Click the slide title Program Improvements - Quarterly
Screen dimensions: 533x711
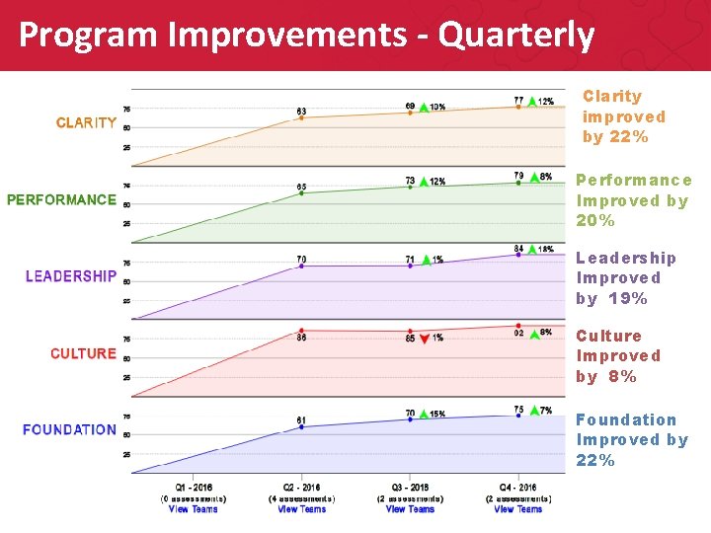[x=306, y=36]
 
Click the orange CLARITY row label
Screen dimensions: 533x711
[x=86, y=123]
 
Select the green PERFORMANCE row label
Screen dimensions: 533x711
[x=61, y=199]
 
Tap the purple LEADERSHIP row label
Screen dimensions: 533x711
[x=71, y=276]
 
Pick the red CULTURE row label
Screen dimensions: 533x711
[x=83, y=353]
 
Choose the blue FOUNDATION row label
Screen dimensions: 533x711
[x=69, y=430]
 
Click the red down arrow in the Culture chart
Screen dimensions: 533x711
[x=424, y=339]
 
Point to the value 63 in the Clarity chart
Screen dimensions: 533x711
[x=301, y=111]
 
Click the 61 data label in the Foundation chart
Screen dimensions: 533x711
[x=301, y=419]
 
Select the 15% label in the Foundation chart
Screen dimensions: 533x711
[x=437, y=415]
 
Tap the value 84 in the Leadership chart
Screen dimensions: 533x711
[x=518, y=248]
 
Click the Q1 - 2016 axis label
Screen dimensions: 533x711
[x=193, y=488]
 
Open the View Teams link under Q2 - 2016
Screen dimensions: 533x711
[x=301, y=509]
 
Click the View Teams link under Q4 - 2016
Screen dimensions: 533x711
[x=518, y=509]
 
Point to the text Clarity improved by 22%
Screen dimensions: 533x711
[x=623, y=116]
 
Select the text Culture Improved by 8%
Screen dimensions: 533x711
[x=618, y=356]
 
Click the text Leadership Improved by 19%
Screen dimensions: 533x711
[x=626, y=278]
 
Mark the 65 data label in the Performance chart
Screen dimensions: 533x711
[x=301, y=187]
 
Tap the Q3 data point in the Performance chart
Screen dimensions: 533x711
[x=410, y=188]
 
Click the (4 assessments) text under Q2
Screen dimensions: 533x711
[x=301, y=498]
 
